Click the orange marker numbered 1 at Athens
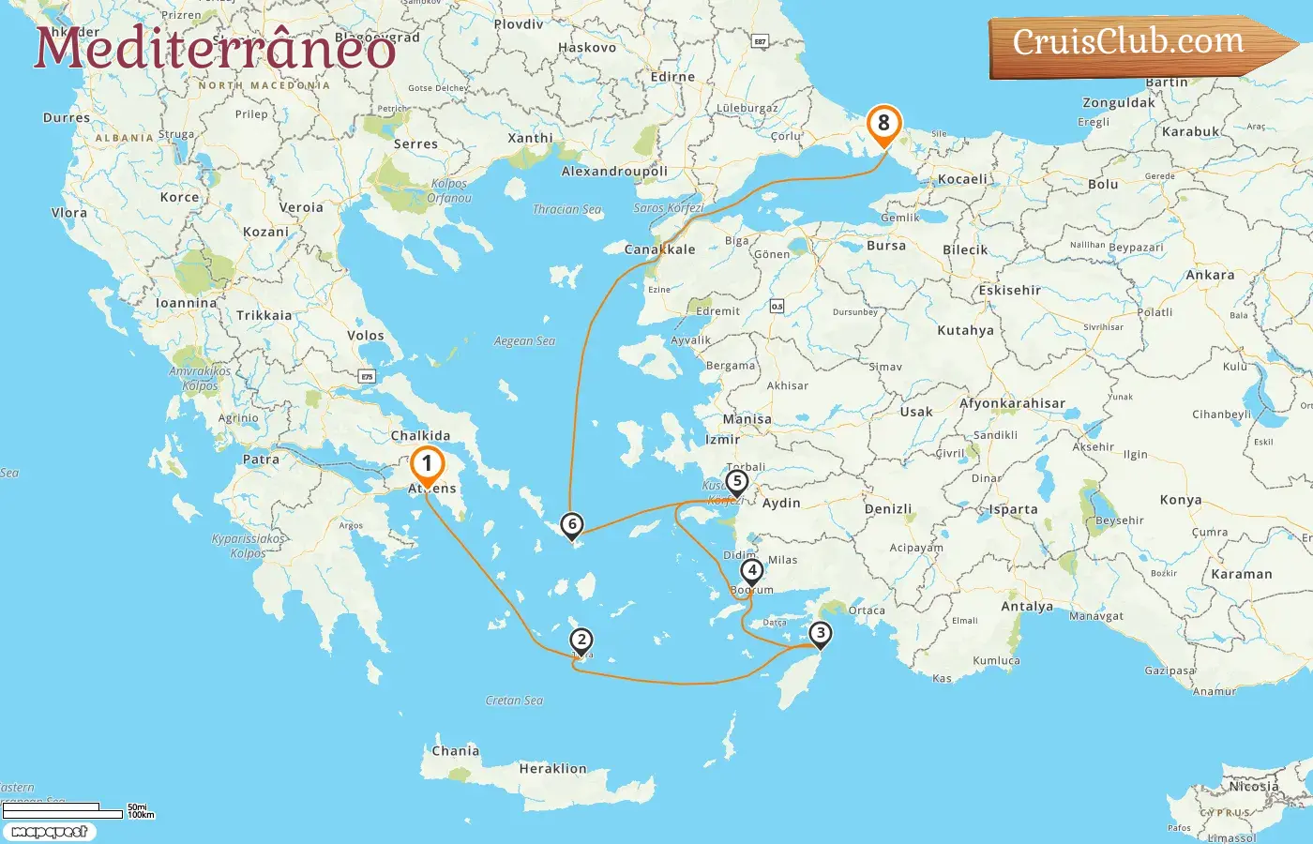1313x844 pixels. click(x=427, y=464)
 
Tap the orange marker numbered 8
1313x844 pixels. click(x=883, y=124)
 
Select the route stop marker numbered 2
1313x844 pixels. click(x=581, y=641)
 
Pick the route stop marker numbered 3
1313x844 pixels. click(x=820, y=633)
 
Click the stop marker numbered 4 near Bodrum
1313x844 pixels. click(x=751, y=570)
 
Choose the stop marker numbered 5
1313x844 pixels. click(x=736, y=482)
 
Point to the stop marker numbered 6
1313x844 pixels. click(x=571, y=525)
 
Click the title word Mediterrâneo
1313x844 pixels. click(x=215, y=49)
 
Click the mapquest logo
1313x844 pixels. click(x=49, y=831)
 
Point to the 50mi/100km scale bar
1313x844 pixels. click(x=64, y=810)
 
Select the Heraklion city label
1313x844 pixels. click(x=552, y=769)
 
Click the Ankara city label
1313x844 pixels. click(x=1210, y=276)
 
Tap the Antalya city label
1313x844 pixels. click(x=1027, y=607)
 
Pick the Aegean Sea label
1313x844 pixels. click(x=524, y=341)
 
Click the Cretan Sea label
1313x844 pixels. click(x=514, y=701)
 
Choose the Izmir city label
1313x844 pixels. click(x=722, y=439)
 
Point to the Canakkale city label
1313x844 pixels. click(x=659, y=249)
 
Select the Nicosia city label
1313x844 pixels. click(x=1253, y=787)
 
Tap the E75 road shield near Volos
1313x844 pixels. click(x=367, y=376)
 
